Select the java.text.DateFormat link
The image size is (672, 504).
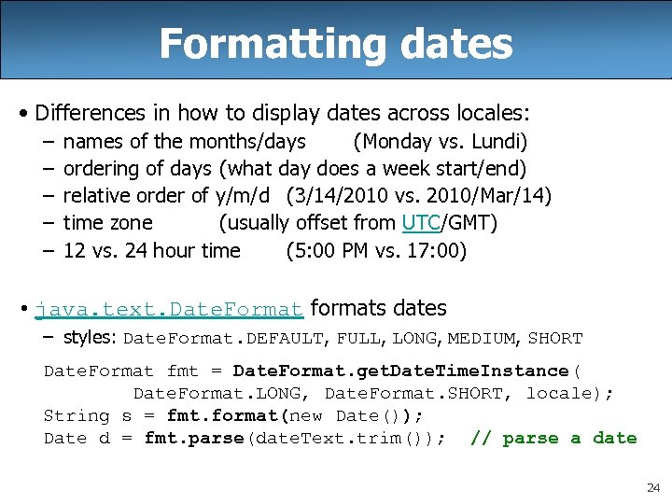(169, 309)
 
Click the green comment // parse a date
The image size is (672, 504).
(553, 439)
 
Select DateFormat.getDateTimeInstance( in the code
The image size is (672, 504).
(407, 371)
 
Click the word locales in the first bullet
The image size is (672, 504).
(490, 114)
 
